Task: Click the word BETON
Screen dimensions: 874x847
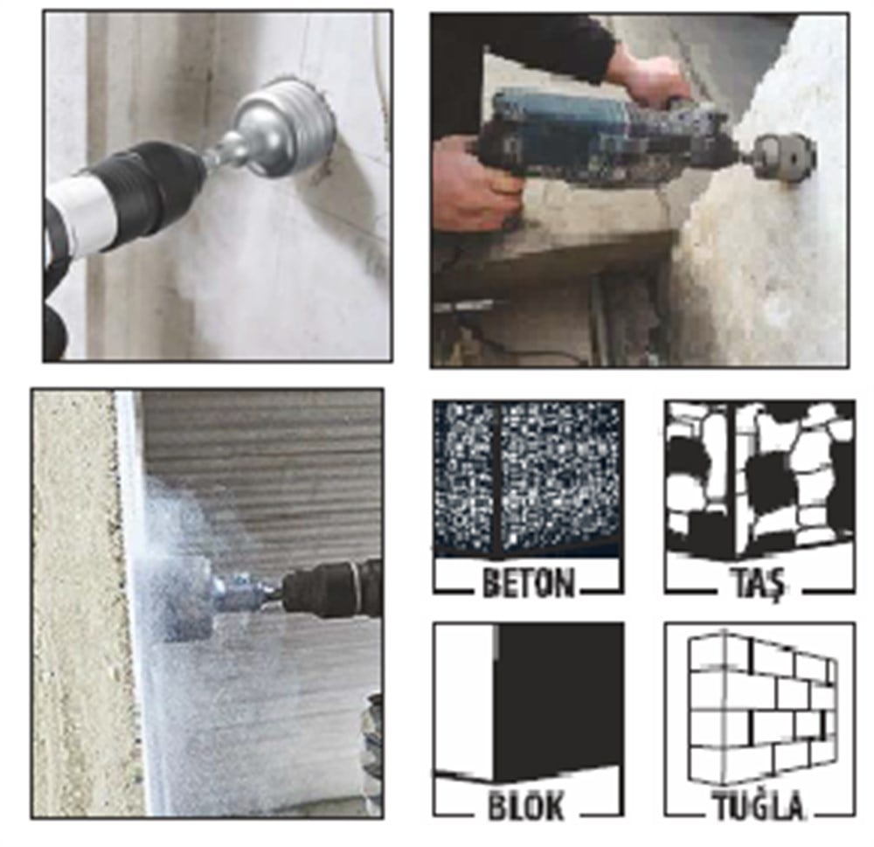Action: click(x=528, y=583)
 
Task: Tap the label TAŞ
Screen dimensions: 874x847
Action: click(x=758, y=584)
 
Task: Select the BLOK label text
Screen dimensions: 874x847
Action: click(x=527, y=805)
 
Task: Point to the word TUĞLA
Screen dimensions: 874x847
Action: click(x=760, y=806)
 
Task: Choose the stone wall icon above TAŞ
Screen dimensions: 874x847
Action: click(x=760, y=479)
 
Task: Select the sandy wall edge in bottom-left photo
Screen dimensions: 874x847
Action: click(x=78, y=602)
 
